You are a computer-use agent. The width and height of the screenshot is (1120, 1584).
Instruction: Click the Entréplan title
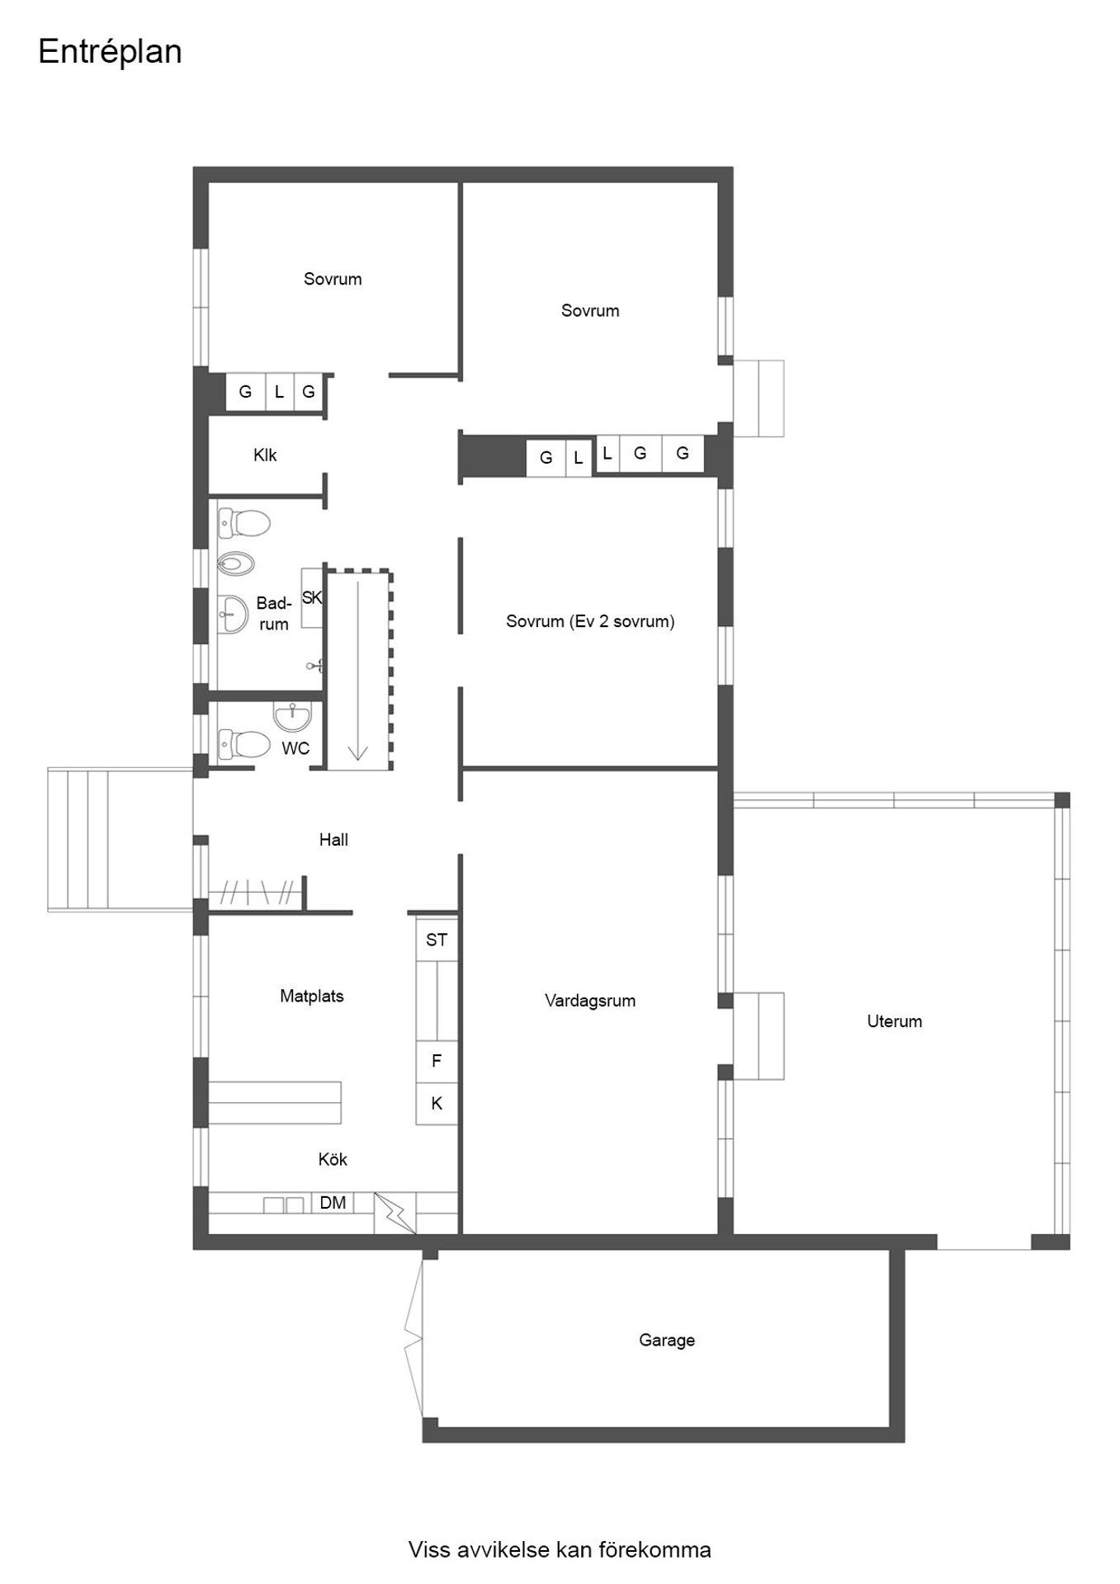(110, 53)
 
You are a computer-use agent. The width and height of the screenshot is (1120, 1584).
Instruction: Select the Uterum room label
(894, 1021)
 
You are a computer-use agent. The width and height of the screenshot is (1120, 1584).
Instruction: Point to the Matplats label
(311, 996)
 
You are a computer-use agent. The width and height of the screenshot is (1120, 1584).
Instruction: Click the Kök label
(333, 1159)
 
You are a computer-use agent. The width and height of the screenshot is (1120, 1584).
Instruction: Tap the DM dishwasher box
(333, 1203)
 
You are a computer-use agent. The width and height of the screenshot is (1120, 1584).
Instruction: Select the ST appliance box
(437, 940)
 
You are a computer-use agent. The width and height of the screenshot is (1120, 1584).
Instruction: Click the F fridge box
(437, 1061)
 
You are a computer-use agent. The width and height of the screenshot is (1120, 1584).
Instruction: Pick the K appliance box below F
(437, 1103)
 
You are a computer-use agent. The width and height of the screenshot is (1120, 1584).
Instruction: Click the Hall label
(333, 840)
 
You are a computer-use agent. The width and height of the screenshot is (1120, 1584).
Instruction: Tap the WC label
(295, 748)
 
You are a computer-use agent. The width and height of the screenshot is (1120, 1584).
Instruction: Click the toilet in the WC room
(243, 744)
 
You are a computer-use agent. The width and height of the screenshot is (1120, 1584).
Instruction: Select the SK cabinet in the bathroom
(311, 598)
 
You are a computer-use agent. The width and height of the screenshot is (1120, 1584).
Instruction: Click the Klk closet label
(265, 455)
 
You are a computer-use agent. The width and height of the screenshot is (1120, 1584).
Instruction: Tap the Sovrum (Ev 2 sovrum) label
(590, 622)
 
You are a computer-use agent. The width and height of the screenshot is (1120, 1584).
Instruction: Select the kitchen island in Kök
(275, 1102)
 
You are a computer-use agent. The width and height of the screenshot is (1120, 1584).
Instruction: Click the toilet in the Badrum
(244, 523)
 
